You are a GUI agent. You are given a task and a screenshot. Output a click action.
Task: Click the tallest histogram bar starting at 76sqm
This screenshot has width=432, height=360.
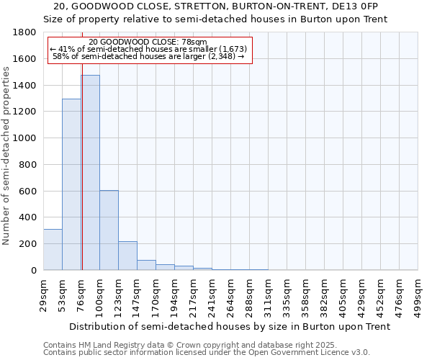(x=90, y=173)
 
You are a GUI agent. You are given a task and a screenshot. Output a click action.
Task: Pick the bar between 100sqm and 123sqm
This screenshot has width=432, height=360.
(x=109, y=230)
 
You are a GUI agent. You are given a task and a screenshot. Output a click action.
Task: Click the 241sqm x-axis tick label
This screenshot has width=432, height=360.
(x=212, y=294)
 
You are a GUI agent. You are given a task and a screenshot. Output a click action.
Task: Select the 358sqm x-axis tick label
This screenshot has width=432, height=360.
(x=306, y=294)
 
